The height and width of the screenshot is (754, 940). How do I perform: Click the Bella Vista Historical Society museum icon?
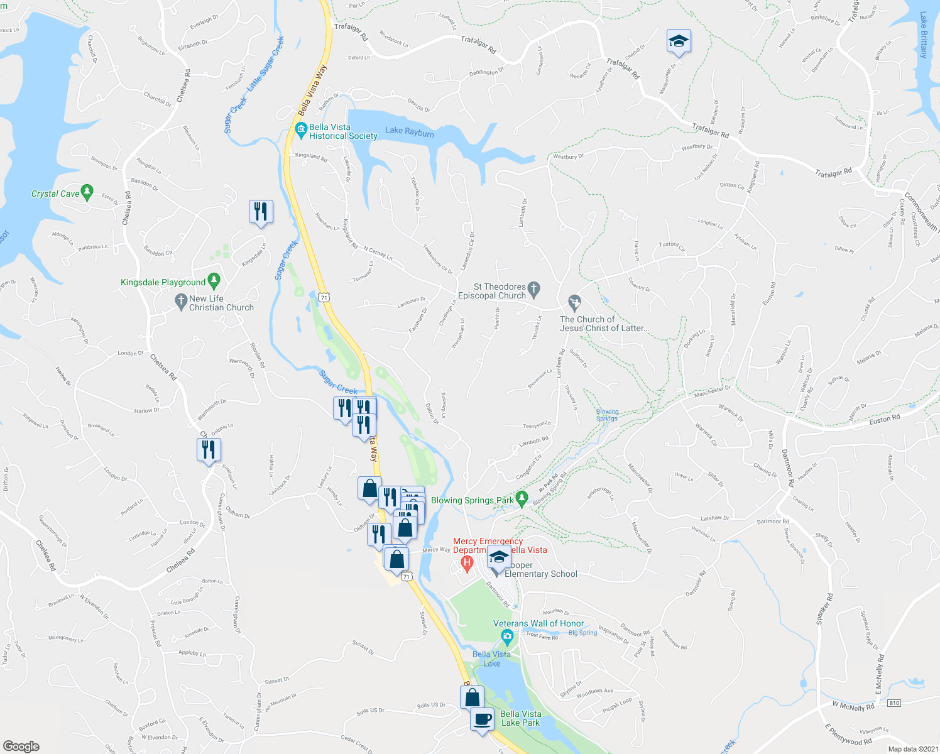tap(301, 131)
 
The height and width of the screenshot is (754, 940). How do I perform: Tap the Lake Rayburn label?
tap(410, 132)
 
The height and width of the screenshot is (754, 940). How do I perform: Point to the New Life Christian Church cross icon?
tap(182, 301)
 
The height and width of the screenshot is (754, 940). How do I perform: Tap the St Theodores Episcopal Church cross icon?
tap(534, 289)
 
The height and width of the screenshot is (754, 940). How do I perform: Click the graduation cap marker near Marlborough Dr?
tap(679, 41)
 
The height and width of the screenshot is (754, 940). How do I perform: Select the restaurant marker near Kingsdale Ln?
tap(261, 212)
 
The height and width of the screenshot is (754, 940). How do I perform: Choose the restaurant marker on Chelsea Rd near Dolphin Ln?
tap(209, 450)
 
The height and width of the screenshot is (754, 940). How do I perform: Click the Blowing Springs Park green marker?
tap(522, 499)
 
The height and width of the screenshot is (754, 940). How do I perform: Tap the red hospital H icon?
tap(466, 563)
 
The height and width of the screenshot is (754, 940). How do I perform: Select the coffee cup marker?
tap(482, 719)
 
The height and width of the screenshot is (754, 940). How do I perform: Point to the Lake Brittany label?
tap(923, 35)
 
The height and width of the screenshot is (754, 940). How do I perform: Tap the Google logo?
tap(21, 746)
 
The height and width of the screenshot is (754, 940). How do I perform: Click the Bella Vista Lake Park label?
tap(520, 718)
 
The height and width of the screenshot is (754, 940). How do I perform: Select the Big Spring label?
tap(582, 633)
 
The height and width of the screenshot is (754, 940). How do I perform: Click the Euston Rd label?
tap(884, 418)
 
